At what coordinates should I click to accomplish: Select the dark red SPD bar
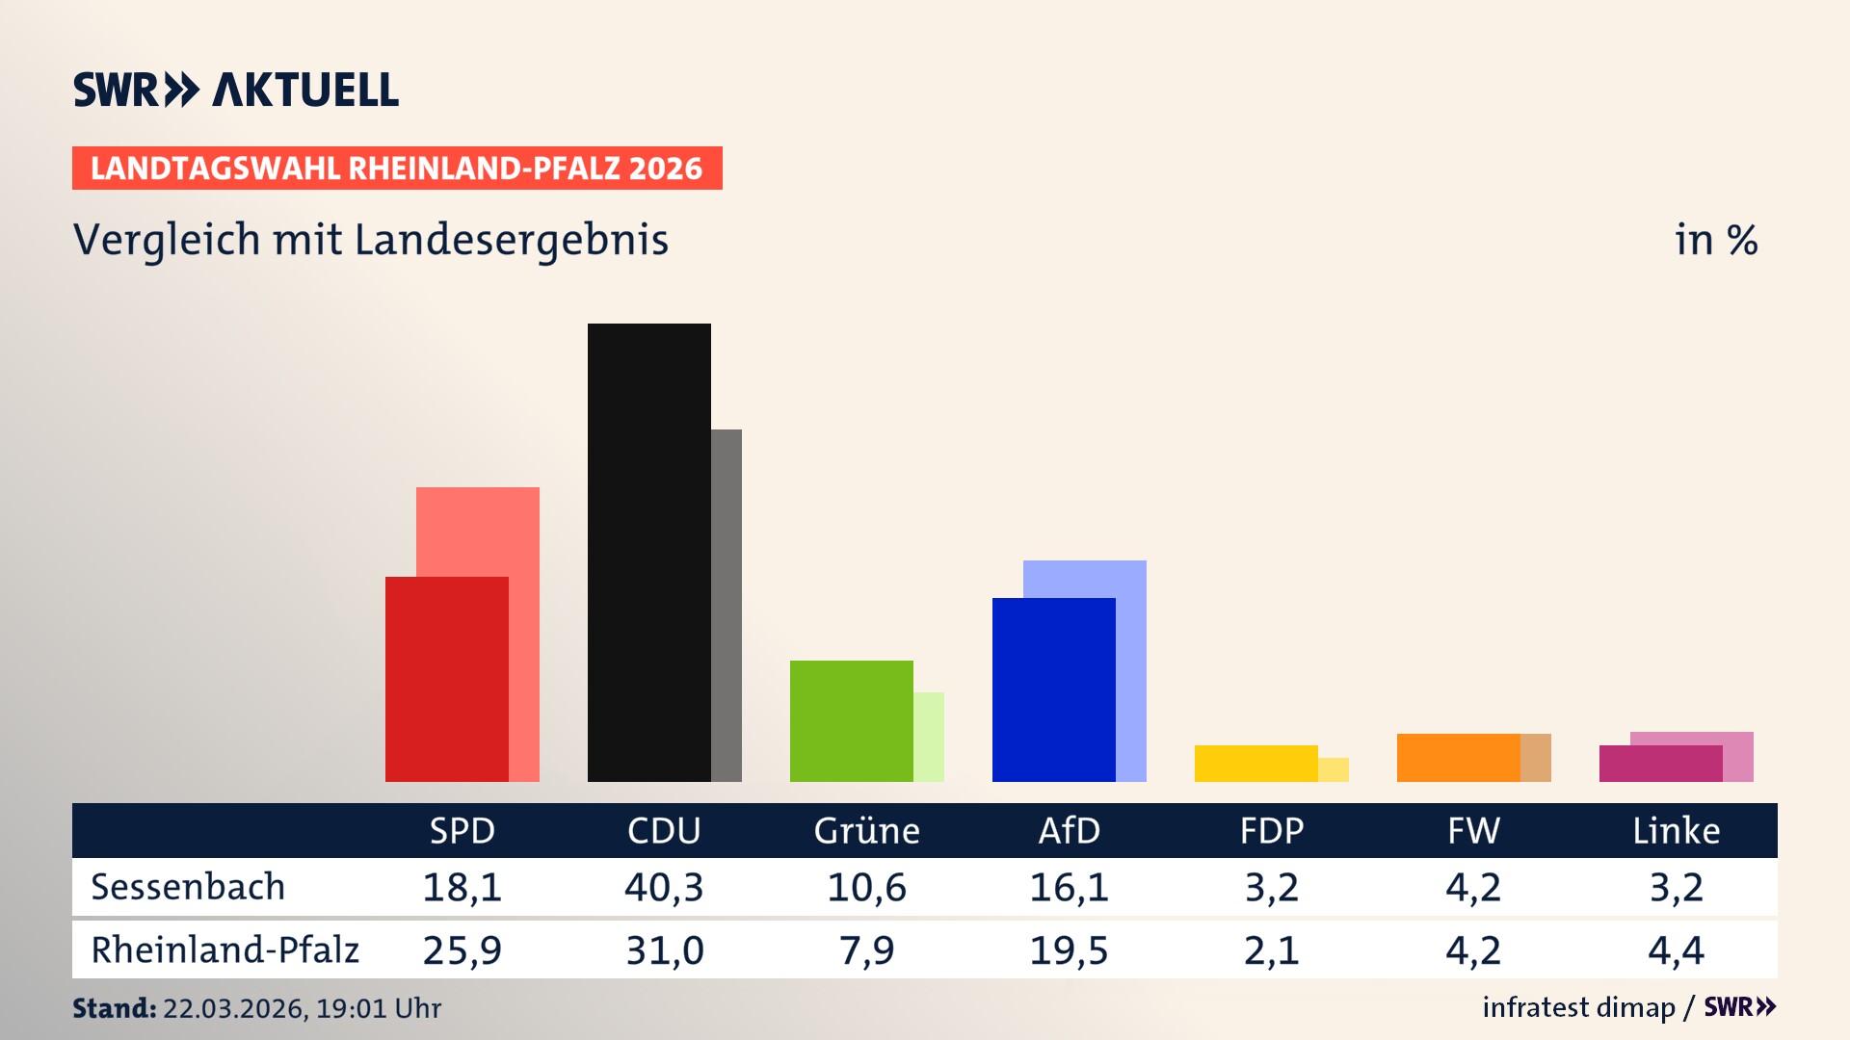point(446,679)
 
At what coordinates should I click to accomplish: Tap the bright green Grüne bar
point(851,720)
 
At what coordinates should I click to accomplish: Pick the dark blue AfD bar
point(1053,689)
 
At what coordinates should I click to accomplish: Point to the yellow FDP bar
point(1255,764)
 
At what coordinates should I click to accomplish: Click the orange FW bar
point(1458,758)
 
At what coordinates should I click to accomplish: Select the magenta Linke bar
point(1660,764)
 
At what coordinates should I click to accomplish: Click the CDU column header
point(664,830)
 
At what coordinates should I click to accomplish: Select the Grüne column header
point(866,830)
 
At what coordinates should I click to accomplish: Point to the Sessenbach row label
point(188,887)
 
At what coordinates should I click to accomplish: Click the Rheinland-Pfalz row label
point(225,950)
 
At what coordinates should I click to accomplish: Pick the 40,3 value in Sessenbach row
point(664,887)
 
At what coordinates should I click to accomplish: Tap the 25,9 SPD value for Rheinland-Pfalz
point(462,950)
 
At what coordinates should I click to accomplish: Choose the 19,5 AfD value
point(1069,950)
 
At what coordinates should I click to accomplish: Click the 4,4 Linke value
point(1676,950)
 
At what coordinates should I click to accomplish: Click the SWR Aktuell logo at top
point(236,90)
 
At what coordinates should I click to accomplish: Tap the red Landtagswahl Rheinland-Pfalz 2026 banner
point(397,169)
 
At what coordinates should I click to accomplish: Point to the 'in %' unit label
point(1715,240)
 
